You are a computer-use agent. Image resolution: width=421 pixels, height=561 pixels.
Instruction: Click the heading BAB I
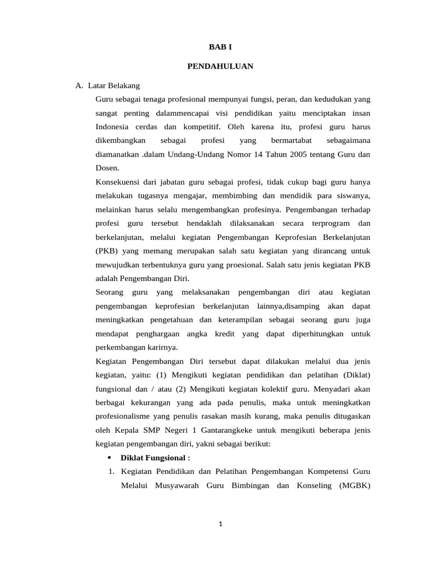(220, 48)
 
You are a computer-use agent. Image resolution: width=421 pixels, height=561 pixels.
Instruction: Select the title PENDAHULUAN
(220, 66)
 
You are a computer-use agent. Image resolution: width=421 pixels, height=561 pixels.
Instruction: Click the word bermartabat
(291, 141)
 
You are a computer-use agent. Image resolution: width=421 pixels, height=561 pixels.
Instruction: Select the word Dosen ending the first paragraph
(107, 168)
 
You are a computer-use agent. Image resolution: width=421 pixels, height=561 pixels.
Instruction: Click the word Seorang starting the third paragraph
(110, 293)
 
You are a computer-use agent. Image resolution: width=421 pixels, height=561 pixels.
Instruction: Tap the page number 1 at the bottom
(220, 524)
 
